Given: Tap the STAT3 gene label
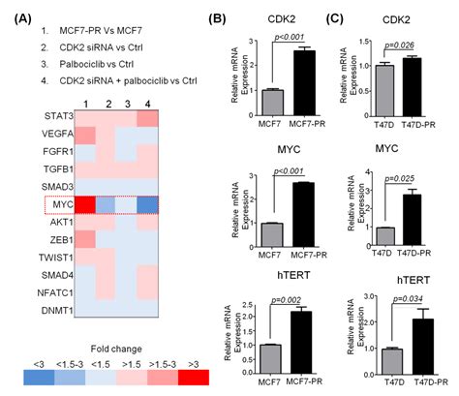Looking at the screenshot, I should click(x=70, y=116).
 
